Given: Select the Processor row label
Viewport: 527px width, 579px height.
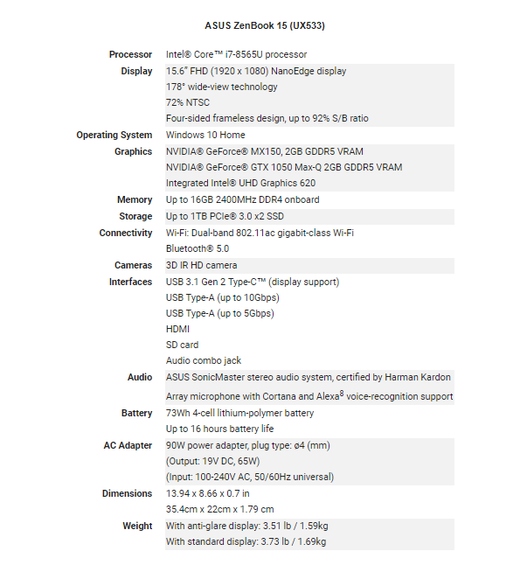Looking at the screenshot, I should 130,55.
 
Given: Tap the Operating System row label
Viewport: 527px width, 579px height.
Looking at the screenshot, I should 114,136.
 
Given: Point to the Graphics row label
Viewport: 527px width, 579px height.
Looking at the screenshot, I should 134,151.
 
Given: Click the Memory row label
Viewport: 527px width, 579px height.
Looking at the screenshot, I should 135,200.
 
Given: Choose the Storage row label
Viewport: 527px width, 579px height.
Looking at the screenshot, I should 135,216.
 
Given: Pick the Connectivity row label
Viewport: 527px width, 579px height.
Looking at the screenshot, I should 125,233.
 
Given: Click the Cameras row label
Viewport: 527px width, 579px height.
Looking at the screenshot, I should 133,265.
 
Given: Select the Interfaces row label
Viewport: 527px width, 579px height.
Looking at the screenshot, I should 130,282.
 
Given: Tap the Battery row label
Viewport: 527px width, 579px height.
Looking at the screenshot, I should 136,413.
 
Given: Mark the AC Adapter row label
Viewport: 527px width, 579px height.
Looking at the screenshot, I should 128,445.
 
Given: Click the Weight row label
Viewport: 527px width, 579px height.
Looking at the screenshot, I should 137,526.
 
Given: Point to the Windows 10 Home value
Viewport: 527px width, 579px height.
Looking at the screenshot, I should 205,136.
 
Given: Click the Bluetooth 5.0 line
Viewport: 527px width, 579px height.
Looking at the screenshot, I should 198,248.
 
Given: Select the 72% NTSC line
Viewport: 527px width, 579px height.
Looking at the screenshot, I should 188,103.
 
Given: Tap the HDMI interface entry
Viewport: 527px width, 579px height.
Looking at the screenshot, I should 177,330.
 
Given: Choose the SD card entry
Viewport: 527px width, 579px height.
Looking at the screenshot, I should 183,345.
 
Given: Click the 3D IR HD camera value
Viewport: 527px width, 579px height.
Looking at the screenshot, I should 202,265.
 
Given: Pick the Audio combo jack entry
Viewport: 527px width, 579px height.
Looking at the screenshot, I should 204,361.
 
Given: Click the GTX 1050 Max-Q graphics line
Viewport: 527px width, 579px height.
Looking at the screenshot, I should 284,168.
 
